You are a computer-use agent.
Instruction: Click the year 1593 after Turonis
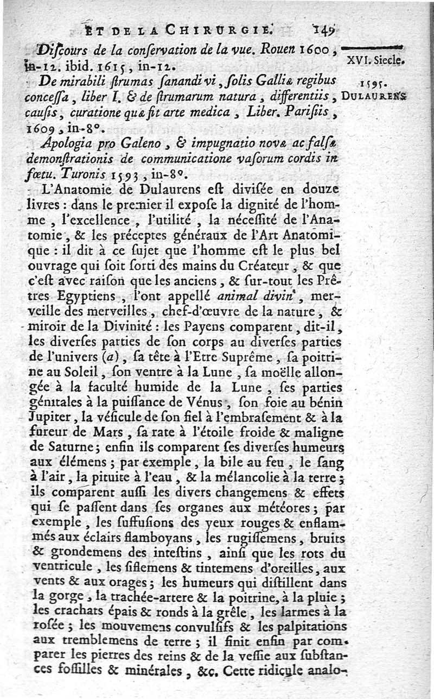click(x=127, y=175)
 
